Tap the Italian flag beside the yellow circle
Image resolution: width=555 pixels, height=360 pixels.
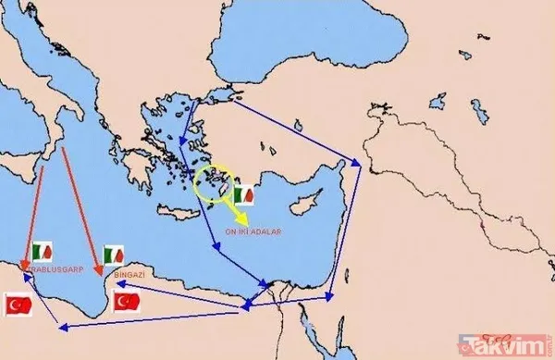coord(244,195)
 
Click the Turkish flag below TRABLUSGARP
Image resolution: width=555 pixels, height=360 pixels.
coord(19,304)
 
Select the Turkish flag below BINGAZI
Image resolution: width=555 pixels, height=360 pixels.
coord(126,302)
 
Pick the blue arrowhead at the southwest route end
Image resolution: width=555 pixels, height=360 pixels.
coord(61,325)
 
